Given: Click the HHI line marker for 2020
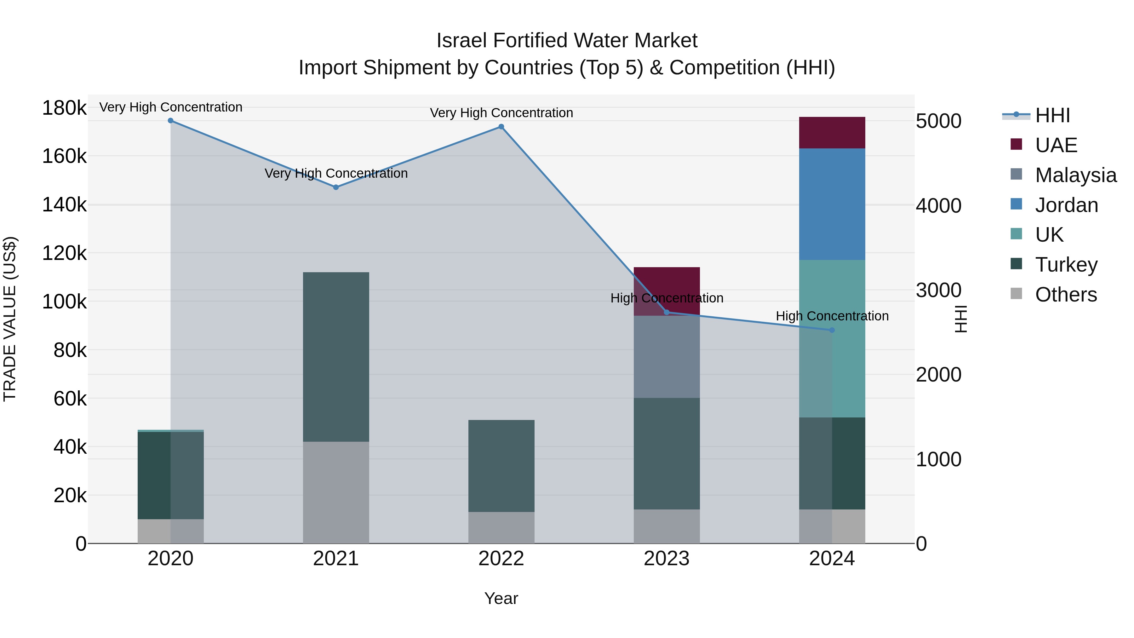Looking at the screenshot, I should coord(170,121).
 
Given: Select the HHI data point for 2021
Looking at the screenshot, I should coord(336,187).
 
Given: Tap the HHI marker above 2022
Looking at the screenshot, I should coord(501,127).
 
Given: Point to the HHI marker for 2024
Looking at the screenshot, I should coord(832,330).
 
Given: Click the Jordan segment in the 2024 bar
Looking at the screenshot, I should coord(832,204).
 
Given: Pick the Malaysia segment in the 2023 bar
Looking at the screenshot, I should coord(667,357).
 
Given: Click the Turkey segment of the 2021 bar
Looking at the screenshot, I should coord(336,357).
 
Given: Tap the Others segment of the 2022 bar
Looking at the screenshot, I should coord(501,527).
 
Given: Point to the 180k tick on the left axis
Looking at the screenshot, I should coord(64,108).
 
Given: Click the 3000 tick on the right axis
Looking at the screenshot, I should coord(939,290).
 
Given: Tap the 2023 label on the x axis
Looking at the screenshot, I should coord(667,559).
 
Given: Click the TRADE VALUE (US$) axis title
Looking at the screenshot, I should coord(10,319).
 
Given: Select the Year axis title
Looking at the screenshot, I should coord(501,599).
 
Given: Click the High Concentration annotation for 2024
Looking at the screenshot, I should coord(832,316).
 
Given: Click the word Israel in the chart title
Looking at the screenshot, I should coord(462,41).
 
